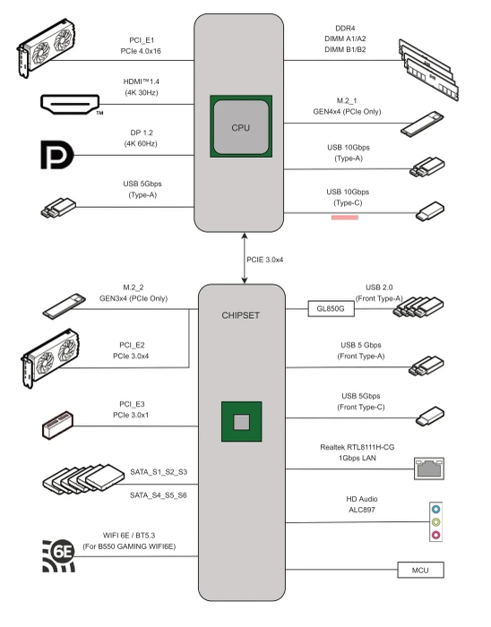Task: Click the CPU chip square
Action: tap(241, 126)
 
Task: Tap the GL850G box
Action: tap(331, 309)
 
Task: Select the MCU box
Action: tap(420, 570)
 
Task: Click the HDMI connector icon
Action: tap(70, 105)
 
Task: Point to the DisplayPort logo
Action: tap(57, 155)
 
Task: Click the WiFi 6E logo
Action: tap(59, 556)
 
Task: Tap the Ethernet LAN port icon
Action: tap(428, 468)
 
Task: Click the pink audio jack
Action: tap(435, 535)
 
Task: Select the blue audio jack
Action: tap(435, 510)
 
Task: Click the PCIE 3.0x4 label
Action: tap(264, 260)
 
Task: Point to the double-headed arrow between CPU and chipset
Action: tap(245, 258)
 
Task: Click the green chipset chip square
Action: tap(242, 422)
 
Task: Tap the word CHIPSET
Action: tap(241, 315)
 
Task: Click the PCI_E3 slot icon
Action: tap(57, 425)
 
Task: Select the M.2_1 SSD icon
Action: tap(422, 125)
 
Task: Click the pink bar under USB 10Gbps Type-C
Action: tap(345, 218)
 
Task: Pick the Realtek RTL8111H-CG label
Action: tap(357, 447)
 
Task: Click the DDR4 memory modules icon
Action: tap(428, 70)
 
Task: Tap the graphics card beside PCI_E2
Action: tap(50, 358)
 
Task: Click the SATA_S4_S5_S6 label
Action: tap(159, 495)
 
